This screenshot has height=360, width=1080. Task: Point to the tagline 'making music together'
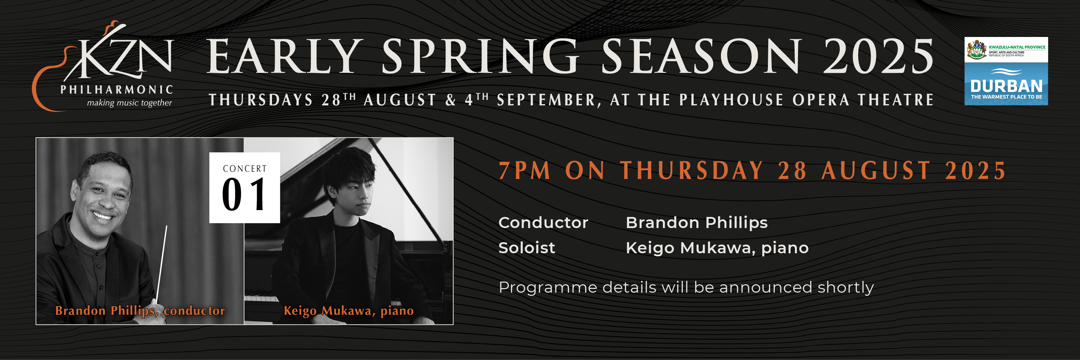(129, 103)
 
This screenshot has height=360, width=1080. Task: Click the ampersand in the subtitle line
(450, 100)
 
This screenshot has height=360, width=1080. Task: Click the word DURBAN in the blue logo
(1006, 86)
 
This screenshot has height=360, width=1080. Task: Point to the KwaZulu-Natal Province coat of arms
(976, 50)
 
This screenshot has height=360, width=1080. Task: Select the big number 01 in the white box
(244, 195)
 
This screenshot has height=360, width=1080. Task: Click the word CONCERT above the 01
(245, 169)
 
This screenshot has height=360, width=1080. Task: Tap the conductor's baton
(162, 260)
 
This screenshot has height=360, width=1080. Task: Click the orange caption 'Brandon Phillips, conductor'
(140, 311)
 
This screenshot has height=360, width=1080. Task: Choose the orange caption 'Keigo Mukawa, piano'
(348, 311)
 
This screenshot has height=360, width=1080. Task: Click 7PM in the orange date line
(524, 171)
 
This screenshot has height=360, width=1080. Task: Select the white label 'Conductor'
(543, 222)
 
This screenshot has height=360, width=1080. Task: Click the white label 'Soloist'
(527, 248)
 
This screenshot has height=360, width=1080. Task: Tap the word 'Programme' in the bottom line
(547, 287)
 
